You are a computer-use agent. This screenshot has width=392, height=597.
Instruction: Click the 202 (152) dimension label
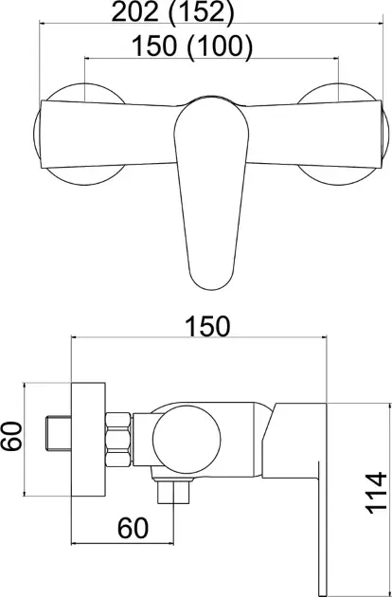(172, 13)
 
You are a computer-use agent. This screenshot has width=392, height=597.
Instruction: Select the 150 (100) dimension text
(192, 46)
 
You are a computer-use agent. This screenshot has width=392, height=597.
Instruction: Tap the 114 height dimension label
(376, 493)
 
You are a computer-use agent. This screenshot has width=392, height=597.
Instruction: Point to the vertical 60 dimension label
(11, 436)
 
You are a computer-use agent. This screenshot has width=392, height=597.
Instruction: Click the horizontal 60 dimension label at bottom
(133, 528)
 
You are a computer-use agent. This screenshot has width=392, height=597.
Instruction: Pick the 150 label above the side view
(207, 326)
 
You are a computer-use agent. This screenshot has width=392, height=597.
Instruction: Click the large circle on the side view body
(187, 440)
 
